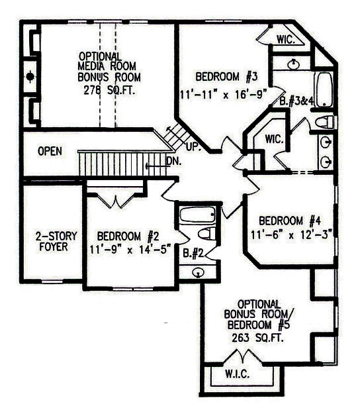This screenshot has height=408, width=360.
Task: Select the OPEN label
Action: click(50, 151)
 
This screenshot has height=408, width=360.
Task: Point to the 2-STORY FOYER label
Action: click(56, 242)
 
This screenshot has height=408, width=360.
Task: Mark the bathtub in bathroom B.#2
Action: click(198, 215)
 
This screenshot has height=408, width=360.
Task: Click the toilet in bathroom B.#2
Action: click(207, 233)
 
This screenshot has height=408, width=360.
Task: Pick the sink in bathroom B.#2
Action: click(198, 272)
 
